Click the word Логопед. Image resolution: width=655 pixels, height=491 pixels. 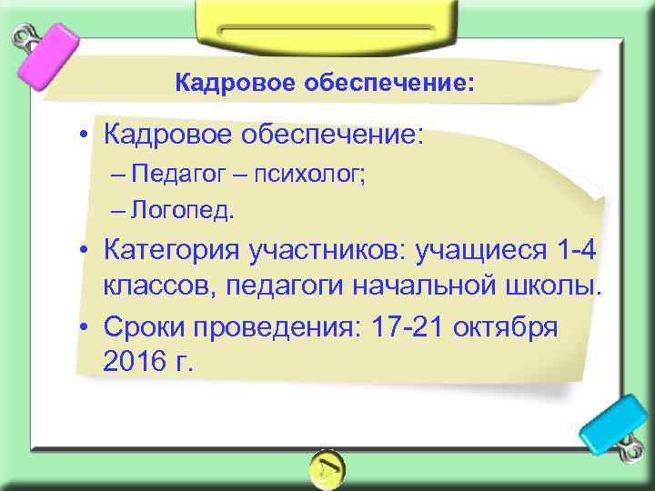[182, 211]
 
